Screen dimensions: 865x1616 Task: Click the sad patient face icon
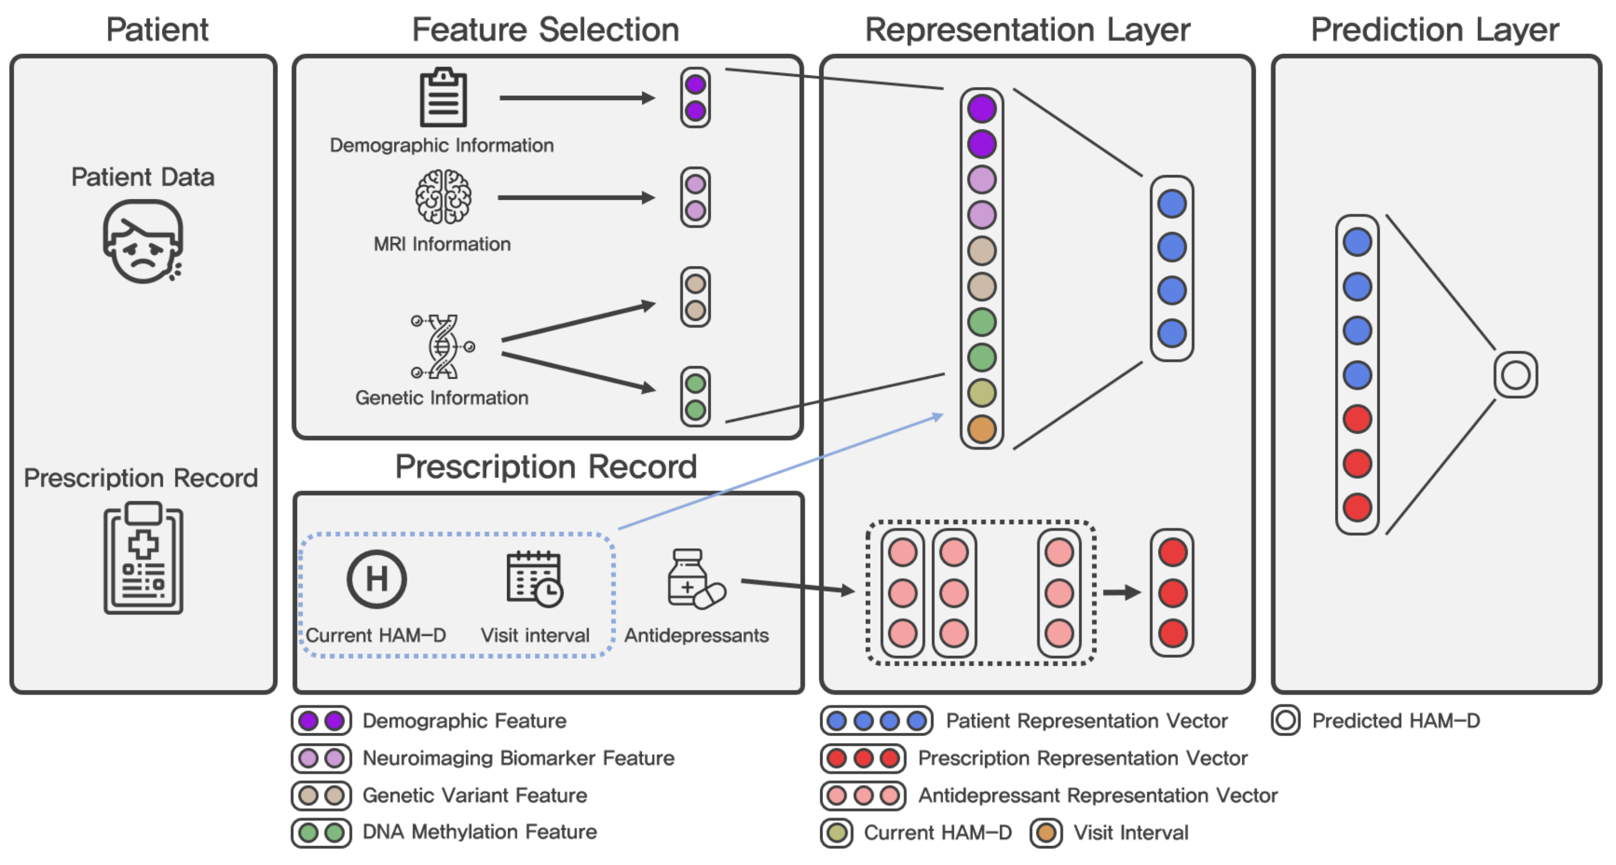click(143, 242)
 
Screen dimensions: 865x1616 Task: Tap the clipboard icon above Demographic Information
click(443, 98)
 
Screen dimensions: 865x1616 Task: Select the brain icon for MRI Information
click(443, 197)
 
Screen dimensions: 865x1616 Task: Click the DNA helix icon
click(443, 346)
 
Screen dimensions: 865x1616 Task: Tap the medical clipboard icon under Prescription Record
click(143, 558)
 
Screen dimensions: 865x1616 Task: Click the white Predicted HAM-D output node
click(1516, 375)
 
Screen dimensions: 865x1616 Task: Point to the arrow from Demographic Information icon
click(577, 98)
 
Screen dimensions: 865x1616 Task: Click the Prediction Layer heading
click(1435, 30)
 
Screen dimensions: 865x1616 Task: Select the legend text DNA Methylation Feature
click(480, 832)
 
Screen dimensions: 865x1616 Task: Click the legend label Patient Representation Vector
click(1087, 721)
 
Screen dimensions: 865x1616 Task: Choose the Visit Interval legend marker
click(1046, 833)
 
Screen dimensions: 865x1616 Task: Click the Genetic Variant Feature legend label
click(475, 795)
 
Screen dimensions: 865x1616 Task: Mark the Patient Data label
click(142, 177)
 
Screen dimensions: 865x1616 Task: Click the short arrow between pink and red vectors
click(1122, 592)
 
